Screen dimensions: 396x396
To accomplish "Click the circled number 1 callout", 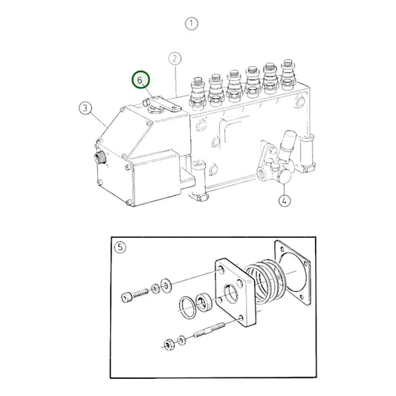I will click(x=192, y=23).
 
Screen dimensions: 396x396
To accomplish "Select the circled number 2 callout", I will click(x=175, y=58).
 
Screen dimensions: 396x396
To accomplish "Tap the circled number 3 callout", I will click(x=85, y=110).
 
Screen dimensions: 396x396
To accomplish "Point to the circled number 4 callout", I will click(x=285, y=199).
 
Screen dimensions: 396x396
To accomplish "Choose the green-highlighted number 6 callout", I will click(x=140, y=80).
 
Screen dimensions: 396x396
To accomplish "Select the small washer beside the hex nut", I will click(x=182, y=340).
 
